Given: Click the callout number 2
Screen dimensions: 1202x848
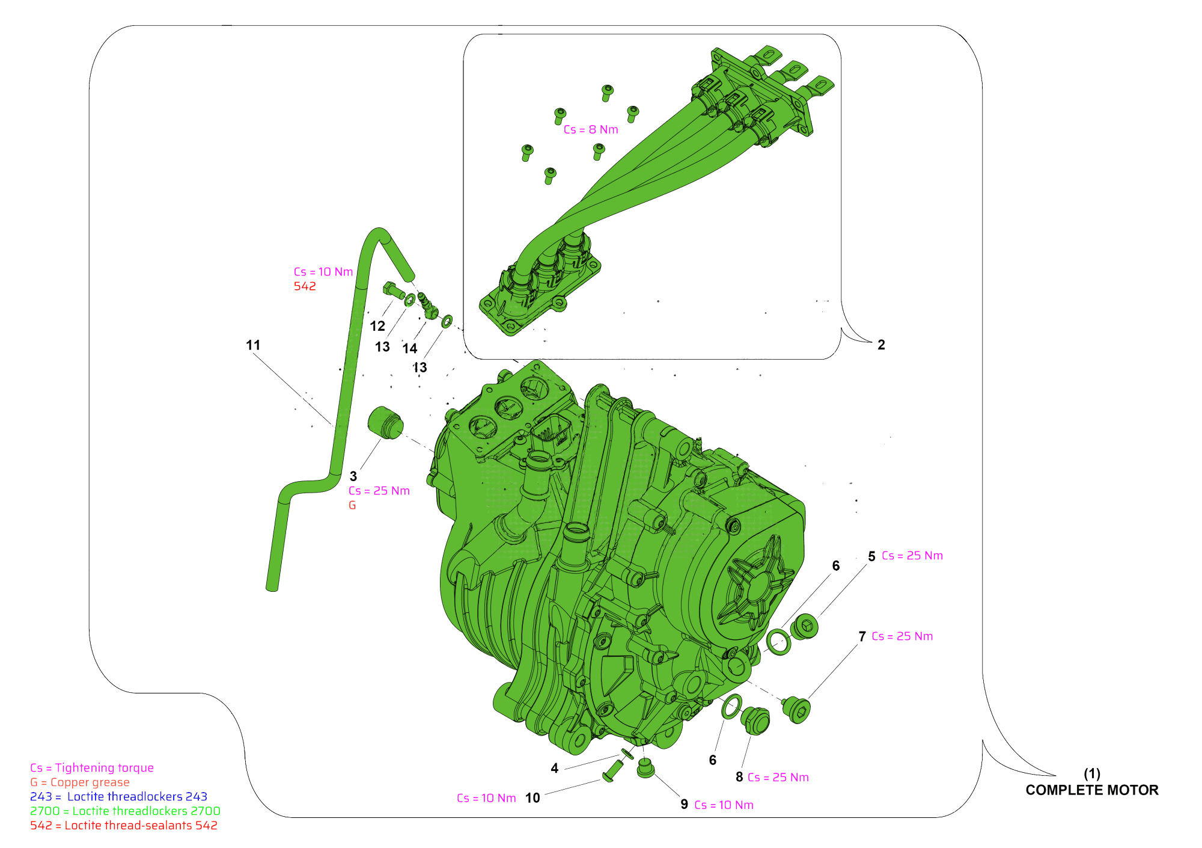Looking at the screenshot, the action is (881, 345).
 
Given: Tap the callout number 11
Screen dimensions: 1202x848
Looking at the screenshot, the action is (253, 345).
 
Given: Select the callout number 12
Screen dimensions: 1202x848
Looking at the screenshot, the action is (377, 326).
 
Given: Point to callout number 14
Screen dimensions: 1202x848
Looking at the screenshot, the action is (410, 348).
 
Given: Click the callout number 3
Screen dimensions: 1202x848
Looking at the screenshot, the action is (353, 476).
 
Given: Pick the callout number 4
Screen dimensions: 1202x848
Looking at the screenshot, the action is (555, 768).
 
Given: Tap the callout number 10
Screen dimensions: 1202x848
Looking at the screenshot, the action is (532, 798).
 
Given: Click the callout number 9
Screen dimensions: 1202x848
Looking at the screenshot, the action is (684, 805).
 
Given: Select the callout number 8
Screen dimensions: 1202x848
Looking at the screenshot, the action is (739, 777).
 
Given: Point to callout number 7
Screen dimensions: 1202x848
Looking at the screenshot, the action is (862, 636).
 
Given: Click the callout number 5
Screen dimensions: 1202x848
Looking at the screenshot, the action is (872, 556).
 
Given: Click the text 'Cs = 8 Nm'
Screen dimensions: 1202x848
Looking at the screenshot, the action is (591, 129).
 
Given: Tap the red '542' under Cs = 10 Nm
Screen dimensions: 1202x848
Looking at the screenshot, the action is (305, 286).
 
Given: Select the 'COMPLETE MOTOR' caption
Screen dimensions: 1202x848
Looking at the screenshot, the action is (1092, 790).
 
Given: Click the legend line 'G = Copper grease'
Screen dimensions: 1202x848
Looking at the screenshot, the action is (80, 782).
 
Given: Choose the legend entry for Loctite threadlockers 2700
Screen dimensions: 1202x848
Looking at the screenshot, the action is (125, 811).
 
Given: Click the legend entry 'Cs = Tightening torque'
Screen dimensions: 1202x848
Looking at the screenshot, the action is (92, 768).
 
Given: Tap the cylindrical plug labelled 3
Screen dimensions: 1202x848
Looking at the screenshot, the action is (385, 423).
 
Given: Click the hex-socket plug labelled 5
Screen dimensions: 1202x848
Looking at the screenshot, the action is (804, 627).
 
